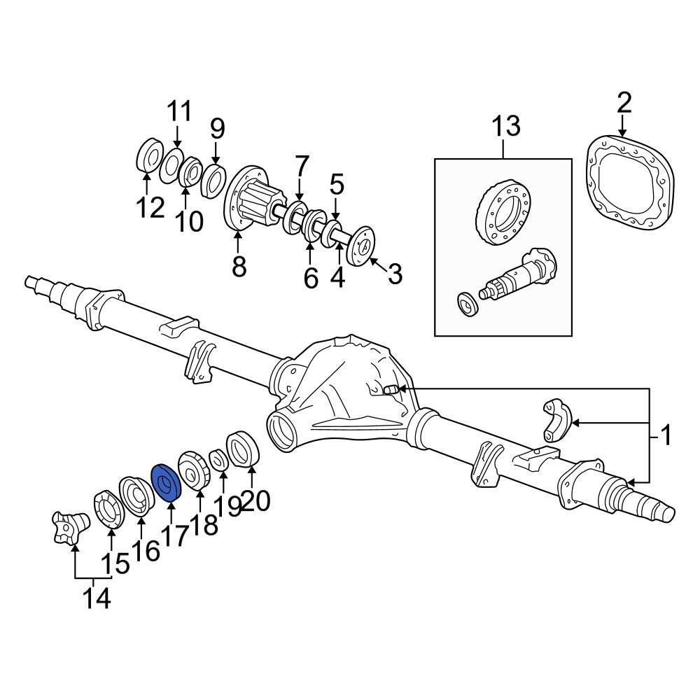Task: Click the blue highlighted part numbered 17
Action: click(x=167, y=483)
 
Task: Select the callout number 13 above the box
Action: click(x=505, y=127)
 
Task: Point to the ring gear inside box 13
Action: click(x=501, y=211)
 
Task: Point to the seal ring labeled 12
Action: click(x=148, y=155)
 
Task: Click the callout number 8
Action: click(x=239, y=266)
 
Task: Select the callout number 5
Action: click(x=337, y=185)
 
